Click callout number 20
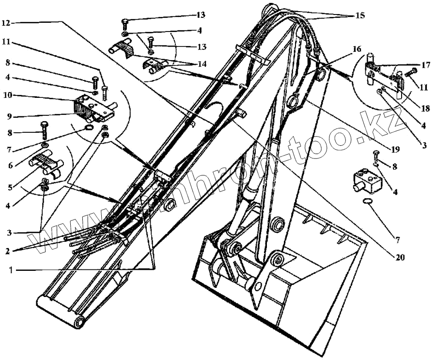coord(400,257)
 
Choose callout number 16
coord(357,49)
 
